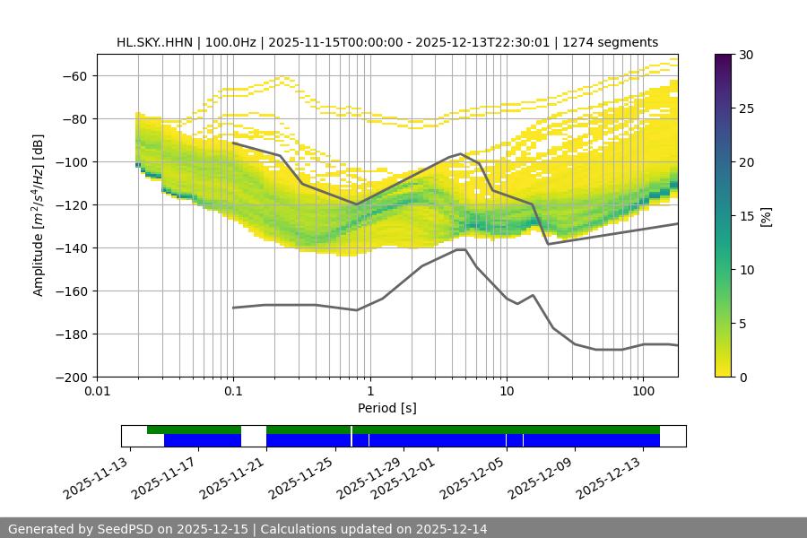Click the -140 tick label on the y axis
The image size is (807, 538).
pos(74,247)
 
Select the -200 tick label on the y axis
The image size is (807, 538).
pos(74,377)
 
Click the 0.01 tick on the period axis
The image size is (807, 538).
pos(97,392)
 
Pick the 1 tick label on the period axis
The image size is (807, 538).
pos(370,392)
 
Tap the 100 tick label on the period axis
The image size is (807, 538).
pos(643,392)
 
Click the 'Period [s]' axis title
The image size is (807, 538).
pos(387,408)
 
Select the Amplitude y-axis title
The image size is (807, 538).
pos(38,215)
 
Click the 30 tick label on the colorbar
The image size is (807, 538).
pos(745,55)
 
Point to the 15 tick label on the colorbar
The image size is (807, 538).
pos(745,216)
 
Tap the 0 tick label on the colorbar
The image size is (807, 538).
pos(742,377)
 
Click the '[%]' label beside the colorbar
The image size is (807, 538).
pos(765,216)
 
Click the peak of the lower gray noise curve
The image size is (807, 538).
pos(461,250)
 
